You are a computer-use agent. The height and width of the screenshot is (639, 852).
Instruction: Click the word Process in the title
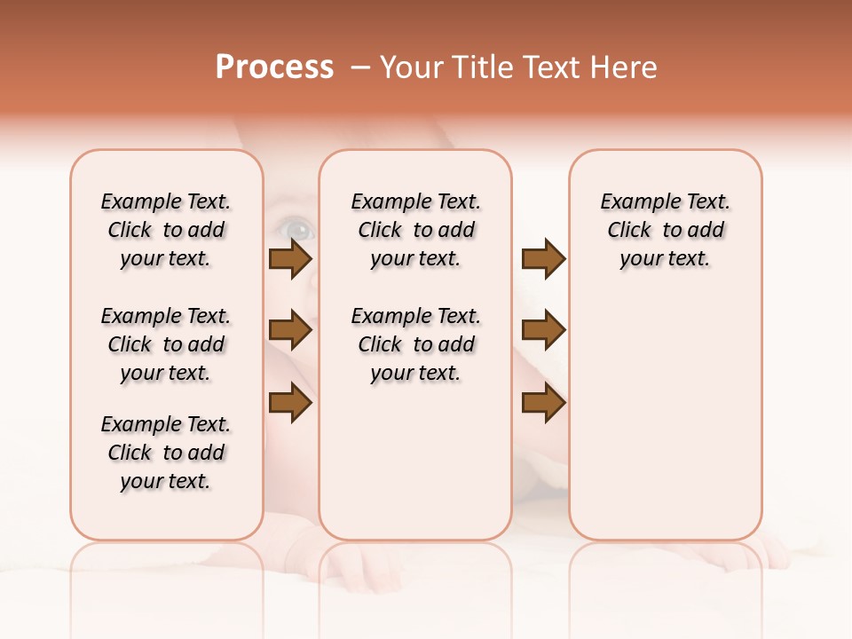274,67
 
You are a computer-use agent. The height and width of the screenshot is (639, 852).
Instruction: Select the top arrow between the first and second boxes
289,258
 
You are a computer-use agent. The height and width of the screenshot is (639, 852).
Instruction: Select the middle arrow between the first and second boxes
289,331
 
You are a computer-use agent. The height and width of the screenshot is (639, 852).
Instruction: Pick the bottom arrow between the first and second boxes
289,403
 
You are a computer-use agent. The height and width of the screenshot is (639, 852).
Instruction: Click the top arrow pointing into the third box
543,258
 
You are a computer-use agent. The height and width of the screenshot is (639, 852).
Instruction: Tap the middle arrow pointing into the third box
543,331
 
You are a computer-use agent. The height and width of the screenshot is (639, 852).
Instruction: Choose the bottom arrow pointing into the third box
543,403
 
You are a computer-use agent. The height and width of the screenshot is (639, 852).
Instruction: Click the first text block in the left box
166,230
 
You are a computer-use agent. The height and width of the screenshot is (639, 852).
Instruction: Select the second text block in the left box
166,344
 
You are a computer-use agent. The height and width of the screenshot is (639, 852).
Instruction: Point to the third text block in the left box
166,453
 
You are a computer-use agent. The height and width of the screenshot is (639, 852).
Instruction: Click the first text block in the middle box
415,230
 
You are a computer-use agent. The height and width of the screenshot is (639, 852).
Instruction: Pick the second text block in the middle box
415,344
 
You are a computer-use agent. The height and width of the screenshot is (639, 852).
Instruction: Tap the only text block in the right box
665,230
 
